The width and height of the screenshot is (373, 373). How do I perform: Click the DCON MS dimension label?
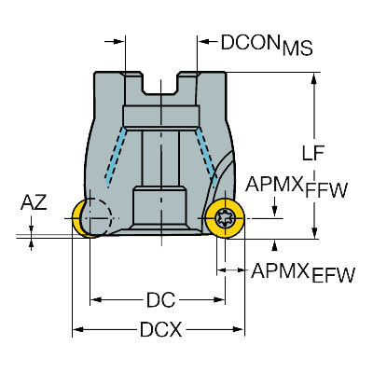pos(267,45)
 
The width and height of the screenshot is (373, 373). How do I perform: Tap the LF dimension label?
pos(313,153)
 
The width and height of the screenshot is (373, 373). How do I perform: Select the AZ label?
pos(34,202)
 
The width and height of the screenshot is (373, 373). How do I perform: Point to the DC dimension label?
pos(160,300)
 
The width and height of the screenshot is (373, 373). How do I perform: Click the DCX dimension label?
pos(160,329)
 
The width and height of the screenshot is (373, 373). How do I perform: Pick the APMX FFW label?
pos(296,186)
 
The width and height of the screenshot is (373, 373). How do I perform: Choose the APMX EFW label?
pos(303,272)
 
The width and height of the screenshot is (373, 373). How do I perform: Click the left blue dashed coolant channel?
pos(116,158)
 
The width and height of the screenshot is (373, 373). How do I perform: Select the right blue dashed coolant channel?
pos(206,158)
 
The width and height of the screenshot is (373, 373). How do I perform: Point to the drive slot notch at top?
pos(161,83)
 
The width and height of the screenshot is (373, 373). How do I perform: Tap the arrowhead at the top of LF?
pos(314,79)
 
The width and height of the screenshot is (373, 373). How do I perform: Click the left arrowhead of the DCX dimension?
pos(78,329)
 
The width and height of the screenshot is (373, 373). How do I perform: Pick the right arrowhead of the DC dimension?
pos(218,300)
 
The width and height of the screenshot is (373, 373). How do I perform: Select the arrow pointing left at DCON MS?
pos(204,41)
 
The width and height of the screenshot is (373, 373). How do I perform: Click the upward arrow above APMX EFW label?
pos(274,245)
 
